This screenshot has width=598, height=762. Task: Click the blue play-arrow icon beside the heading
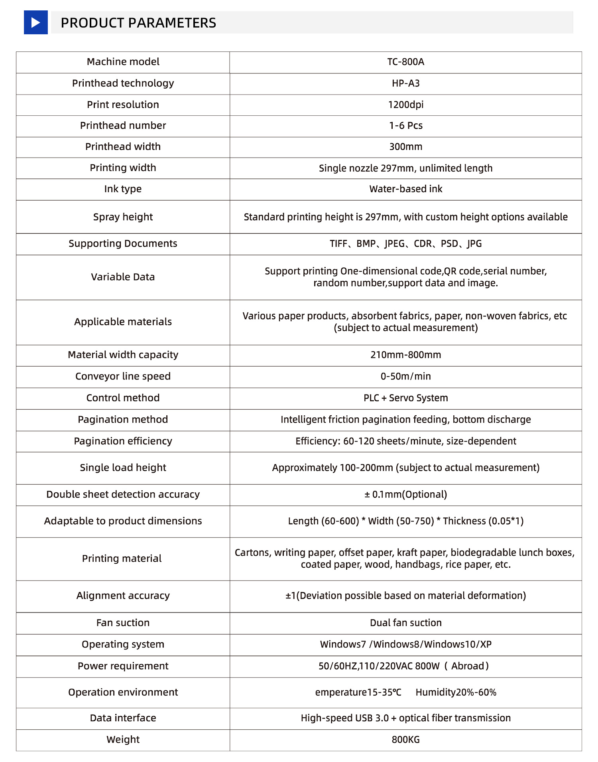[x=35, y=22]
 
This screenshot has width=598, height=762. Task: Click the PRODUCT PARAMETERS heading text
[x=138, y=23]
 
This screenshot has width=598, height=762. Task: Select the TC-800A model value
[x=405, y=62]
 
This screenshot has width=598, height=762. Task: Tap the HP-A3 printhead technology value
[x=405, y=83]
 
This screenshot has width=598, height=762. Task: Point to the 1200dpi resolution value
[x=405, y=105]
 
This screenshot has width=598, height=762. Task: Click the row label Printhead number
[x=123, y=126]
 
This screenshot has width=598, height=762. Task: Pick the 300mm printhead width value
[x=405, y=147]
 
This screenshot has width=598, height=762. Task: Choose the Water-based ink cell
[x=405, y=189]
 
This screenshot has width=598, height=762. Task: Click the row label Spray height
[x=123, y=217]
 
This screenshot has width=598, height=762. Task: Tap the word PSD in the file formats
[x=449, y=244]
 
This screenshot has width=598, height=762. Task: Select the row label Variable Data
[x=123, y=277]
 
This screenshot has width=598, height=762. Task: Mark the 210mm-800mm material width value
[x=405, y=355]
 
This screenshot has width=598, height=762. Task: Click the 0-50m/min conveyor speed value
[x=405, y=377]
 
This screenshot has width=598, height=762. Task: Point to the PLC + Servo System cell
[x=405, y=398]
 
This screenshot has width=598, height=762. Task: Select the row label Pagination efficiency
[x=123, y=441]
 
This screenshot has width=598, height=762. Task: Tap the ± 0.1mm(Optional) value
[x=405, y=495]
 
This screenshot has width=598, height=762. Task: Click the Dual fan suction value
[x=405, y=623]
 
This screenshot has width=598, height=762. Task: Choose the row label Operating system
[x=123, y=645]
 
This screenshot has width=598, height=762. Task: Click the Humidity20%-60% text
[x=456, y=693]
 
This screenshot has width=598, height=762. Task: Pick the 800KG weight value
[x=405, y=740]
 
